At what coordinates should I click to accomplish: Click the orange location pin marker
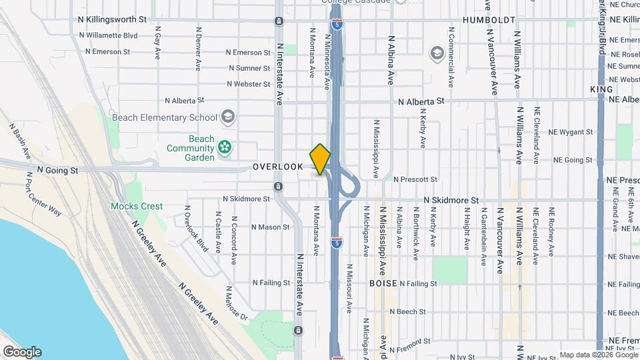click(x=320, y=159)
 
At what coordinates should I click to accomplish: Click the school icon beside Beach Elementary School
click(x=228, y=117)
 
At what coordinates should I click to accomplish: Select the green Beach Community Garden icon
click(x=225, y=147)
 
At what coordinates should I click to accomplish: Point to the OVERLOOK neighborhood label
click(x=278, y=167)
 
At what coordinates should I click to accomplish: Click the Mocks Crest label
click(x=137, y=207)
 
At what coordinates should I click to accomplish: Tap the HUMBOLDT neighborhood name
click(x=489, y=20)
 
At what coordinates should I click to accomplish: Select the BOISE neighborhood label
click(x=383, y=283)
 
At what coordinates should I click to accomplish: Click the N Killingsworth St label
click(x=112, y=21)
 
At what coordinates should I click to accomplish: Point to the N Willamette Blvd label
click(x=108, y=36)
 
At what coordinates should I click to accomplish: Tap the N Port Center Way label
click(x=44, y=194)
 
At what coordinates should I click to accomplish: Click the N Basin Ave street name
click(x=20, y=141)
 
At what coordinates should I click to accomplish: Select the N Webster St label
click(x=248, y=84)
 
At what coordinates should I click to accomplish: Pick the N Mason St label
click(x=270, y=227)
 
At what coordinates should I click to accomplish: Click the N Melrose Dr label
click(x=236, y=306)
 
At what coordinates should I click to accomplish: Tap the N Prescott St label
click(x=415, y=179)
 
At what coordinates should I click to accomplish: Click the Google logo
click(x=22, y=352)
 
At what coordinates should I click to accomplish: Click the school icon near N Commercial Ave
click(x=437, y=53)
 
